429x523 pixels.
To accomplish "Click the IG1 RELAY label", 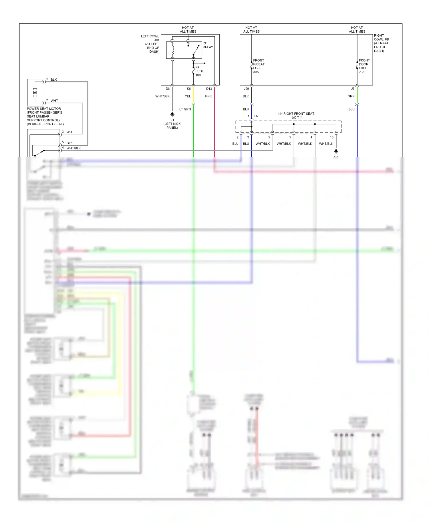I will (x=208, y=45).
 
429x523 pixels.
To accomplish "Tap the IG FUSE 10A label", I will (x=199, y=71).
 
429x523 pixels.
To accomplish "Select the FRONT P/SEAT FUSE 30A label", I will (x=259, y=66).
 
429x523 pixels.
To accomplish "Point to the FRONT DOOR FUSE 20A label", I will (x=364, y=66).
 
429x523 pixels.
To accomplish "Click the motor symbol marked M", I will (x=35, y=93).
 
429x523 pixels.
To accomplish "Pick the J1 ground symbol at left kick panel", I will (x=172, y=114).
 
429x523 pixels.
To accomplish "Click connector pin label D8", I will (x=168, y=89).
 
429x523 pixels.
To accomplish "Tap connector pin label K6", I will (x=189, y=89).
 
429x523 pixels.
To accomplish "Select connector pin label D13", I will (x=209, y=89).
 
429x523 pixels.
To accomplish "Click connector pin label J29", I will (x=246, y=89).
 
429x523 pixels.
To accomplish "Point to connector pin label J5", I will (x=353, y=89).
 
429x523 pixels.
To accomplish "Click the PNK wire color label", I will (x=208, y=96).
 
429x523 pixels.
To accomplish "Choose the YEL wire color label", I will (x=188, y=96).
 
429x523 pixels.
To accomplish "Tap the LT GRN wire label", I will (x=185, y=109).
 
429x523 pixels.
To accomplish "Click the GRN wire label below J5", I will (x=351, y=96).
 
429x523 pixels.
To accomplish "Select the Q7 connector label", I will (x=256, y=116).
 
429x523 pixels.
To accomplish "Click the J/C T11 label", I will (x=297, y=118).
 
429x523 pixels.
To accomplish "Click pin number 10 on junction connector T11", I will (x=332, y=137).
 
